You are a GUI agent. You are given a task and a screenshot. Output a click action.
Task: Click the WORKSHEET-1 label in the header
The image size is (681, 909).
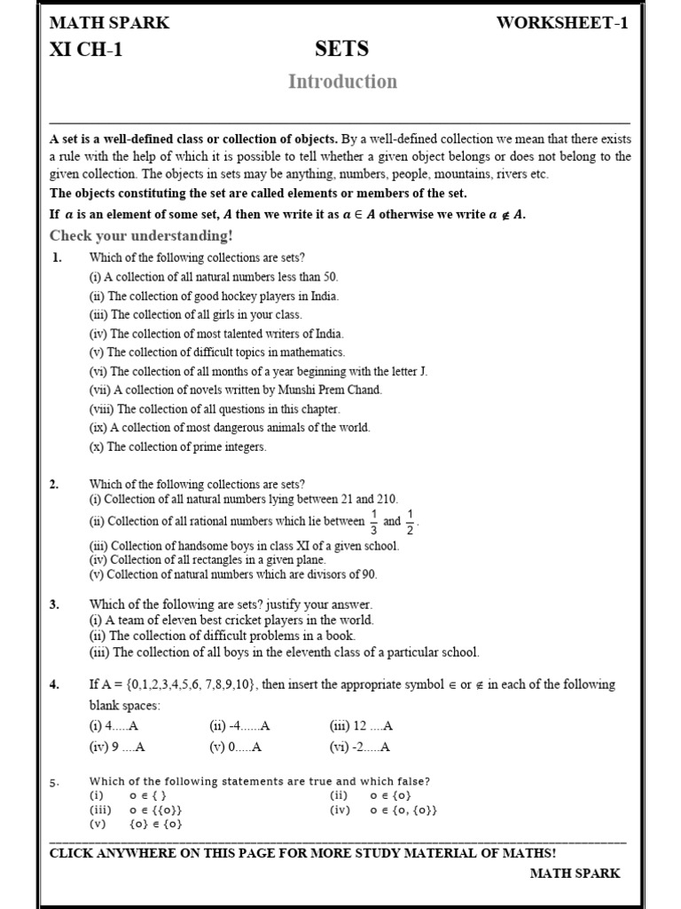click(563, 23)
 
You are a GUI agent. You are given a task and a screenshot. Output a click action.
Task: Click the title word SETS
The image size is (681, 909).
click(341, 49)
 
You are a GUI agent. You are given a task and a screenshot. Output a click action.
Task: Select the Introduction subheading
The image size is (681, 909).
click(342, 82)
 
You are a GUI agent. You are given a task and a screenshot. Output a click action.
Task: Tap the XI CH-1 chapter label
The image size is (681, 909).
click(86, 50)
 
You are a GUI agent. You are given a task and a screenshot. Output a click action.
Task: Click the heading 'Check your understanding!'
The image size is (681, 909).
click(141, 235)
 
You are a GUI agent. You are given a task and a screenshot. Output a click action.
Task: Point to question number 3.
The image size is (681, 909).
click(54, 605)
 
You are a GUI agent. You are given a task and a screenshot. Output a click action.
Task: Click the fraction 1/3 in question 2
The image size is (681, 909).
click(374, 522)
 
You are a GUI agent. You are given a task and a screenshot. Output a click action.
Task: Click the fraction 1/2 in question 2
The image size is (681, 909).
click(410, 522)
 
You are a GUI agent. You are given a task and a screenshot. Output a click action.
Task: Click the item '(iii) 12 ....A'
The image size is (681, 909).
click(361, 725)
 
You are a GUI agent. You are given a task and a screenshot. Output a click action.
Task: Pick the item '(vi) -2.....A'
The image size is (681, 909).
click(359, 747)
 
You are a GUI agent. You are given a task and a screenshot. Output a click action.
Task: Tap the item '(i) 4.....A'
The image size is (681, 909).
click(114, 725)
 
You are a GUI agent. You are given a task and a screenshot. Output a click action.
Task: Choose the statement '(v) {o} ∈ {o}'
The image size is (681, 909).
click(136, 824)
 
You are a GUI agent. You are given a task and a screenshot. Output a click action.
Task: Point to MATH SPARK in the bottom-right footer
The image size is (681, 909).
click(575, 873)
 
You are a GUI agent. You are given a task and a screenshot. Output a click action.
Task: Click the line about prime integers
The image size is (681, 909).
click(177, 447)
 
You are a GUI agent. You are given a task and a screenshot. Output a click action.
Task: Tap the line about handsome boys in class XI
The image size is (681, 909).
click(244, 546)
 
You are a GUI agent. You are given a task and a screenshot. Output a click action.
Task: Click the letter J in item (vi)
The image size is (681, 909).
click(424, 371)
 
